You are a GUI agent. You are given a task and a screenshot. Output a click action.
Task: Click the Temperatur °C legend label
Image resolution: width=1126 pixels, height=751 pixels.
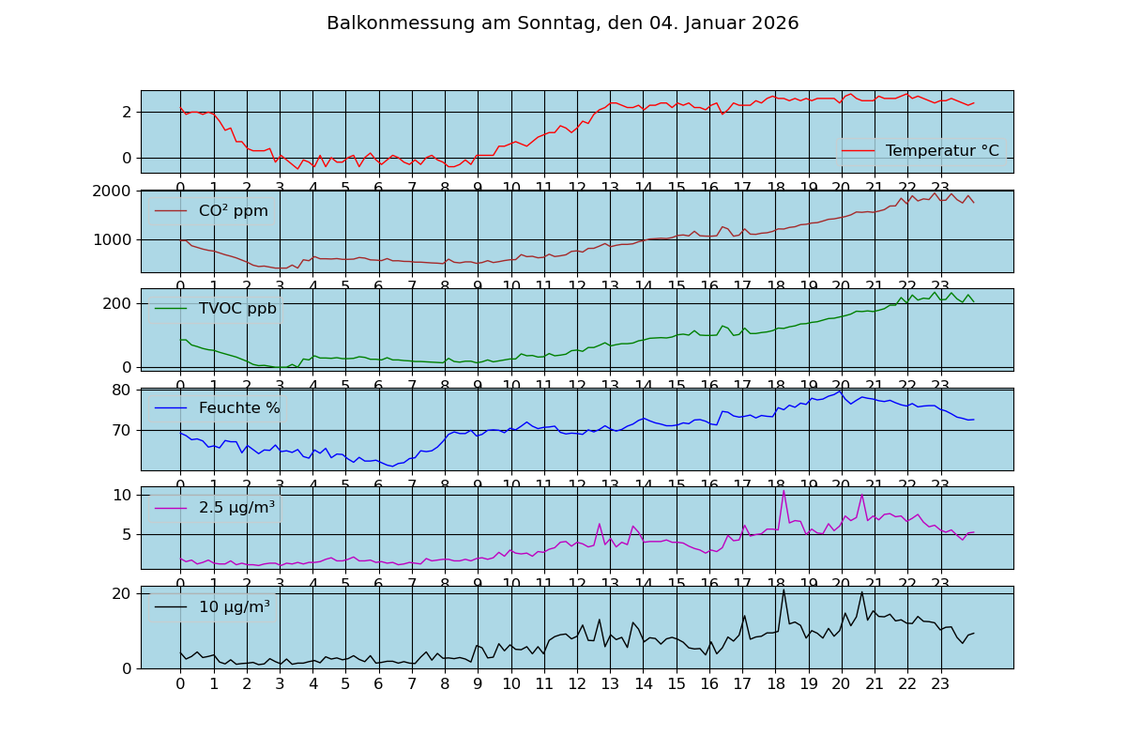pos(942,151)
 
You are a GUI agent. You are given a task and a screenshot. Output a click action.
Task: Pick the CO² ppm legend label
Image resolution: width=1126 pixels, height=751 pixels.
pos(233,211)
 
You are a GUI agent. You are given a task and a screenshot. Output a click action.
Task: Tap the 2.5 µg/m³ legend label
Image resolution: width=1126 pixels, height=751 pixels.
pos(236,508)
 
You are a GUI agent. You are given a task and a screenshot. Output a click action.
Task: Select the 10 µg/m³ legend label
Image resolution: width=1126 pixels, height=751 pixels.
pos(234,607)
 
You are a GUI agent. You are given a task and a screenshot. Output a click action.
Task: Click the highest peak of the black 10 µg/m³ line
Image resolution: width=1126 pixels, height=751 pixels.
pos(784,590)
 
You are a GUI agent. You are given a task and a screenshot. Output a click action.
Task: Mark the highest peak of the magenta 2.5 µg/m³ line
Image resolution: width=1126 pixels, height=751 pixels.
pos(784,491)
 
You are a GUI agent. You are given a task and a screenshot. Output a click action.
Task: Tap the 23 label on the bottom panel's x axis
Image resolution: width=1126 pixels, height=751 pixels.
pos(940,684)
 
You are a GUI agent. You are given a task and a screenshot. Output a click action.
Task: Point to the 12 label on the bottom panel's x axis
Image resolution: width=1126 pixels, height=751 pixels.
pos(577,684)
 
